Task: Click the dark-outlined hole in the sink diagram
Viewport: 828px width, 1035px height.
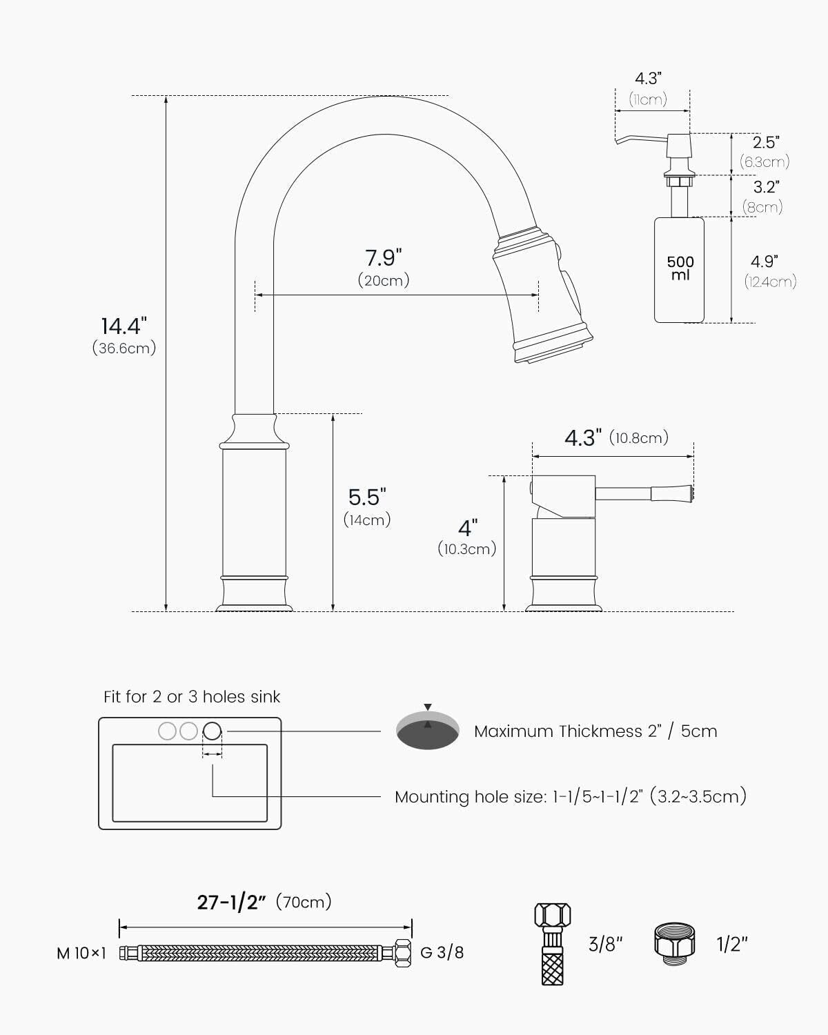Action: tap(213, 730)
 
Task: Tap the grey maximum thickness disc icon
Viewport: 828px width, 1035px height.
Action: tap(428, 730)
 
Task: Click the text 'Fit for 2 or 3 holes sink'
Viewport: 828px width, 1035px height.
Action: tap(192, 697)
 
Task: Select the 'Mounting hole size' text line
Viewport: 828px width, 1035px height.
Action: tap(570, 796)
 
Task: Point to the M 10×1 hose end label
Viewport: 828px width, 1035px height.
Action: tap(81, 953)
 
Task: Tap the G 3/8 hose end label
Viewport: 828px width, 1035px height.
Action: tap(442, 953)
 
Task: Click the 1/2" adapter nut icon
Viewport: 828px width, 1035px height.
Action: tap(674, 943)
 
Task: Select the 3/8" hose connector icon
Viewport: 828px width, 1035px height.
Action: tap(553, 943)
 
